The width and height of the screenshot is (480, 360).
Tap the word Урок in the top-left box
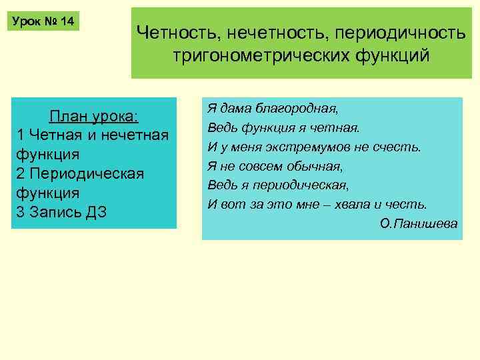[x=27, y=22]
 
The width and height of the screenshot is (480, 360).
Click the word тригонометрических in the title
[x=264, y=55]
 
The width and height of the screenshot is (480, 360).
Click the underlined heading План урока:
[x=94, y=116]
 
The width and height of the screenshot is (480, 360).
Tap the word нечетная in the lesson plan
[x=137, y=135]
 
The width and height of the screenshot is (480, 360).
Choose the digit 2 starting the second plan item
[x=19, y=173]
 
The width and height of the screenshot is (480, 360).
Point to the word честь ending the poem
[x=409, y=204]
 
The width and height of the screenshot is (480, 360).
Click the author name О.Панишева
[x=419, y=223]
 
